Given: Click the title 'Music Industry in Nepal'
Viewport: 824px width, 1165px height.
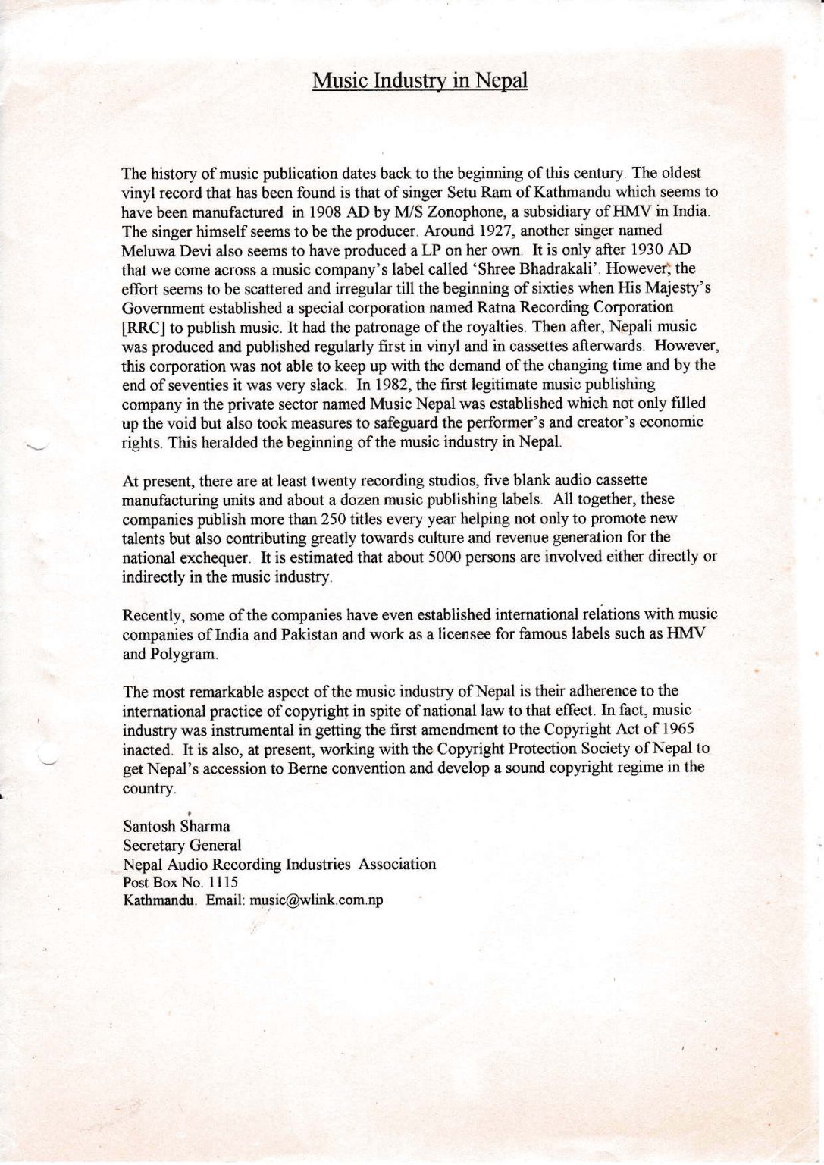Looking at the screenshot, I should coord(419,81).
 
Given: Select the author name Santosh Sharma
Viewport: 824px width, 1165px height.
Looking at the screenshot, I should coord(176,826).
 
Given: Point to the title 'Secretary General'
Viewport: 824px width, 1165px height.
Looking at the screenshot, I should coord(182,845).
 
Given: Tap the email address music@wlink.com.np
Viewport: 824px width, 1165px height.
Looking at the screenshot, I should coord(316,901).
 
